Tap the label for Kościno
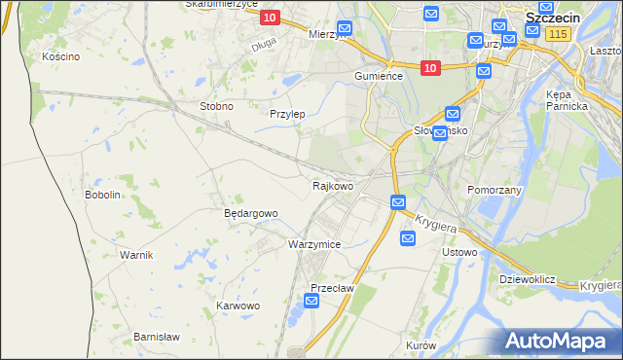60,57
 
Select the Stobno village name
215,106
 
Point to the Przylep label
287,114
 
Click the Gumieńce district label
379,76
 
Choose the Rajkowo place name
332,185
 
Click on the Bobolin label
102,195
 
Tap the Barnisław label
157,337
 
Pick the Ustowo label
459,253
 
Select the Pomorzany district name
495,190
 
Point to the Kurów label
421,346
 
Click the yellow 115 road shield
557,34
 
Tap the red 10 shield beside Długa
271,18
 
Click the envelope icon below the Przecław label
311,302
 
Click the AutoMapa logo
562,341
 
